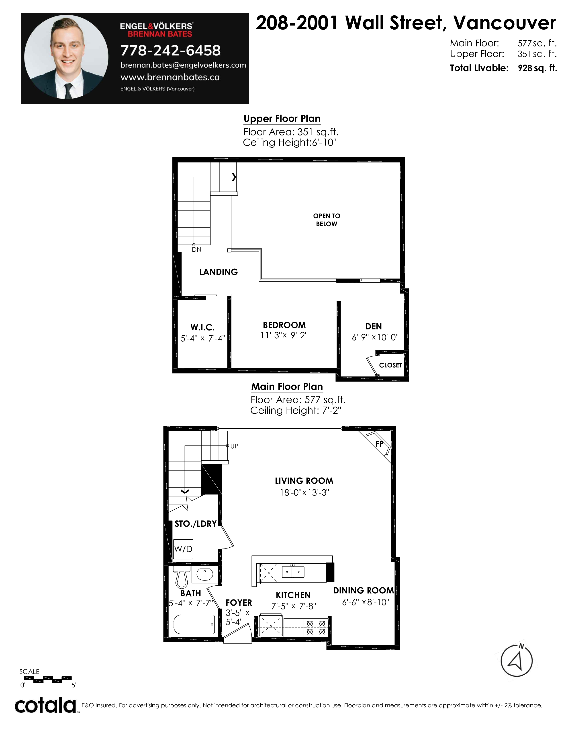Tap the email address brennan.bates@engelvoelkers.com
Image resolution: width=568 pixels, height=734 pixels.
tap(183, 65)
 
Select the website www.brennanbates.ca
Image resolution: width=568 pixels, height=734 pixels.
tap(170, 77)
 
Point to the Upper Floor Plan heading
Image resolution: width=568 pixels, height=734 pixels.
tap(282, 119)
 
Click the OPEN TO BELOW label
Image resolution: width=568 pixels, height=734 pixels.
tap(326, 220)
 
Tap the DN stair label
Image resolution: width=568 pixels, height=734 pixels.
tap(196, 250)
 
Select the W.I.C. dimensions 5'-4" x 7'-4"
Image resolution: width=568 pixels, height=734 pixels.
tap(202, 339)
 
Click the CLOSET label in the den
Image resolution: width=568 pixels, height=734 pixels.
tap(390, 365)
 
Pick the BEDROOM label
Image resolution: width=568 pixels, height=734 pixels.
tap(284, 325)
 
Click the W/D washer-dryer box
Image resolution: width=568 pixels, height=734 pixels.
tap(183, 549)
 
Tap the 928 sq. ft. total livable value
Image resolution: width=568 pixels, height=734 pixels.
tap(537, 68)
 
